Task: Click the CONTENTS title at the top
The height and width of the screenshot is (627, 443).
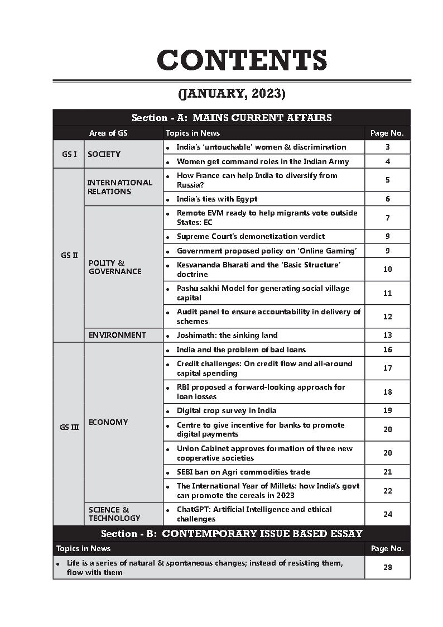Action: pyautogui.click(x=242, y=60)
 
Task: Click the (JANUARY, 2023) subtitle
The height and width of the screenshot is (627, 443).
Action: pyautogui.click(x=232, y=93)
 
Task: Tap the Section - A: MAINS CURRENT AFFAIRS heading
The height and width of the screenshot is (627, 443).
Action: pyautogui.click(x=232, y=118)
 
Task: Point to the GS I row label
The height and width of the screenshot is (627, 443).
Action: pyautogui.click(x=69, y=154)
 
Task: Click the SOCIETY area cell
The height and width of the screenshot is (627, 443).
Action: pyautogui.click(x=104, y=154)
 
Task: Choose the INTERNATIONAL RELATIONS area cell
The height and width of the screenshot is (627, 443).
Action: pyautogui.click(x=119, y=187)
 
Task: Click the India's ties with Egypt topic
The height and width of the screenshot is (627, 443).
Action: pyautogui.click(x=217, y=199)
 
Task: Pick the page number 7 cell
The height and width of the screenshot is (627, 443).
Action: pyautogui.click(x=387, y=218)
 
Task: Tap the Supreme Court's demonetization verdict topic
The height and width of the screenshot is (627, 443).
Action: pyautogui.click(x=251, y=237)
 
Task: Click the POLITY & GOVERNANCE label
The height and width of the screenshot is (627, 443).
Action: pyautogui.click(x=115, y=267)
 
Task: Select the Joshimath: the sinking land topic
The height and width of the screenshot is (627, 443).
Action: pyautogui.click(x=227, y=335)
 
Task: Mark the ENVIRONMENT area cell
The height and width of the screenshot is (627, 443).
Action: pyautogui.click(x=117, y=335)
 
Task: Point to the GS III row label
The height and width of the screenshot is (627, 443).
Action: pyautogui.click(x=69, y=427)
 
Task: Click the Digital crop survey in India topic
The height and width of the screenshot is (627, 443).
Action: pyautogui.click(x=227, y=410)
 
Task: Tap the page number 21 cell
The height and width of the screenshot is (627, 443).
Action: pyautogui.click(x=387, y=472)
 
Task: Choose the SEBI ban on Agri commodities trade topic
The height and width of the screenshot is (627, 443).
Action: pyautogui.click(x=243, y=472)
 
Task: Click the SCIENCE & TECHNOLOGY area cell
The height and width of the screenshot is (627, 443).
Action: pyautogui.click(x=114, y=514)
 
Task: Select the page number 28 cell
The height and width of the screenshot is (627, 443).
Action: pyautogui.click(x=387, y=567)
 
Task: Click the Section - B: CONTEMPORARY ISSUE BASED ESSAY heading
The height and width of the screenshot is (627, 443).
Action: pyautogui.click(x=232, y=533)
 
